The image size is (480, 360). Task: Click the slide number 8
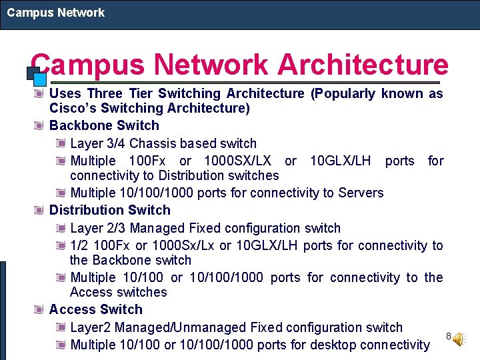(449, 335)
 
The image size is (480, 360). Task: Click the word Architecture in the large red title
(363, 65)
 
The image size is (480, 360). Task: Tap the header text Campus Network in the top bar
(56, 13)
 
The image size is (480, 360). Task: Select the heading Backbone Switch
(104, 125)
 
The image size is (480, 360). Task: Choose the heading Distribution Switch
(109, 210)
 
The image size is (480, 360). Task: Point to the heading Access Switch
(96, 309)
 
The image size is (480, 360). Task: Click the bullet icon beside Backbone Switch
(40, 125)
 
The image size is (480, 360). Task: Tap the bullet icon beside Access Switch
(40, 309)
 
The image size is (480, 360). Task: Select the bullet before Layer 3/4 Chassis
(61, 143)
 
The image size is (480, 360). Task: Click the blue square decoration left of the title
(38, 78)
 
